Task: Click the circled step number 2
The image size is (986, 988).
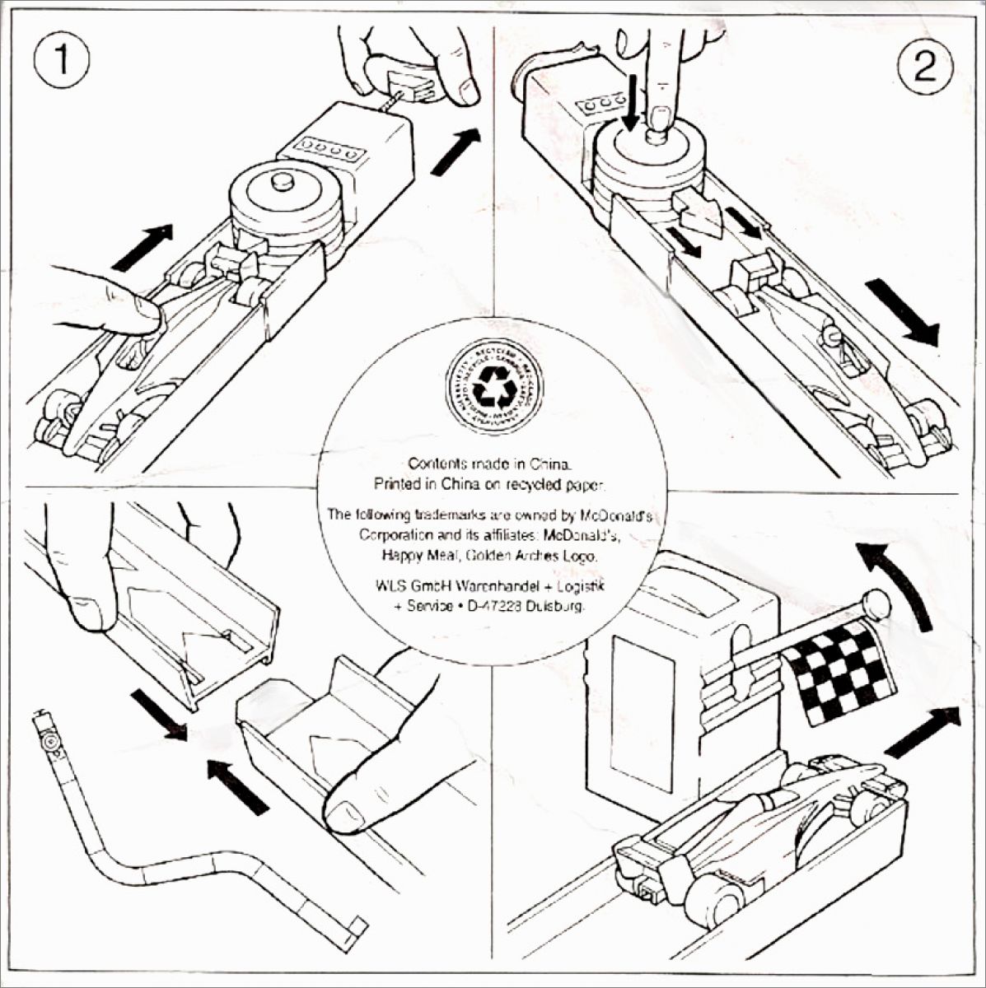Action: (925, 66)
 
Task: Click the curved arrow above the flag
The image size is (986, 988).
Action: (898, 580)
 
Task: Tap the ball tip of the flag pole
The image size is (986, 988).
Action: (877, 605)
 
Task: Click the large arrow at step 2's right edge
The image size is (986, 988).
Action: (903, 312)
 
